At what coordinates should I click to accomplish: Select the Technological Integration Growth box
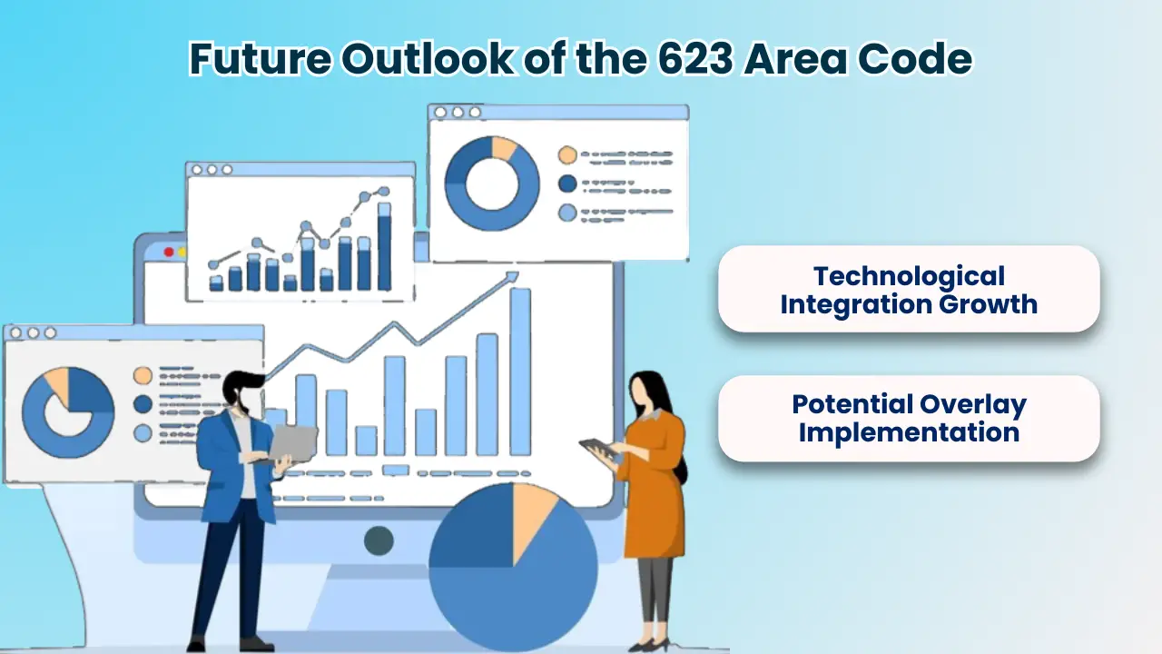click(908, 289)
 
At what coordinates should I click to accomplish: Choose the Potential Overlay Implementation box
click(908, 418)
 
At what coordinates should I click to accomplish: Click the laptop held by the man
click(292, 442)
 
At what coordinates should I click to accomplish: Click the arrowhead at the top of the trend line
click(512, 276)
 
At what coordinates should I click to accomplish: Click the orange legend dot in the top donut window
click(567, 154)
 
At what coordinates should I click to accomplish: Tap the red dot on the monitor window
click(169, 252)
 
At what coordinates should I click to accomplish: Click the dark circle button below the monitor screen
click(379, 540)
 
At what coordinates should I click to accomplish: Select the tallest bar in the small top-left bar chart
click(384, 247)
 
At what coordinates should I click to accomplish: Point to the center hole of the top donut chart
click(491, 183)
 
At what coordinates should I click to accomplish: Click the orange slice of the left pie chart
click(58, 384)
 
